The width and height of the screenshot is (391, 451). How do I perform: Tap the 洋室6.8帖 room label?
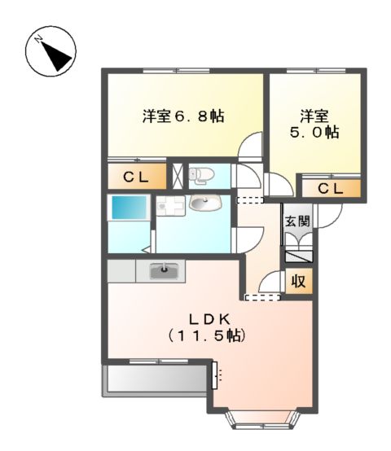[183, 116]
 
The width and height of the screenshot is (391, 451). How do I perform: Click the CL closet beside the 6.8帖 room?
[136, 177]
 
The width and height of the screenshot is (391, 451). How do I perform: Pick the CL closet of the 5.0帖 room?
[331, 189]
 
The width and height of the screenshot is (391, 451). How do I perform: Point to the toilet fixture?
[200, 174]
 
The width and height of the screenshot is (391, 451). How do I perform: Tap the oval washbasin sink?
[201, 204]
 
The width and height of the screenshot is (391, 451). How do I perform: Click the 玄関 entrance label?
[297, 220]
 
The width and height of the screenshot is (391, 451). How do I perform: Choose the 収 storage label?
[299, 282]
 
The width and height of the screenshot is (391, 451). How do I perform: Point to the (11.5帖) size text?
[208, 335]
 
